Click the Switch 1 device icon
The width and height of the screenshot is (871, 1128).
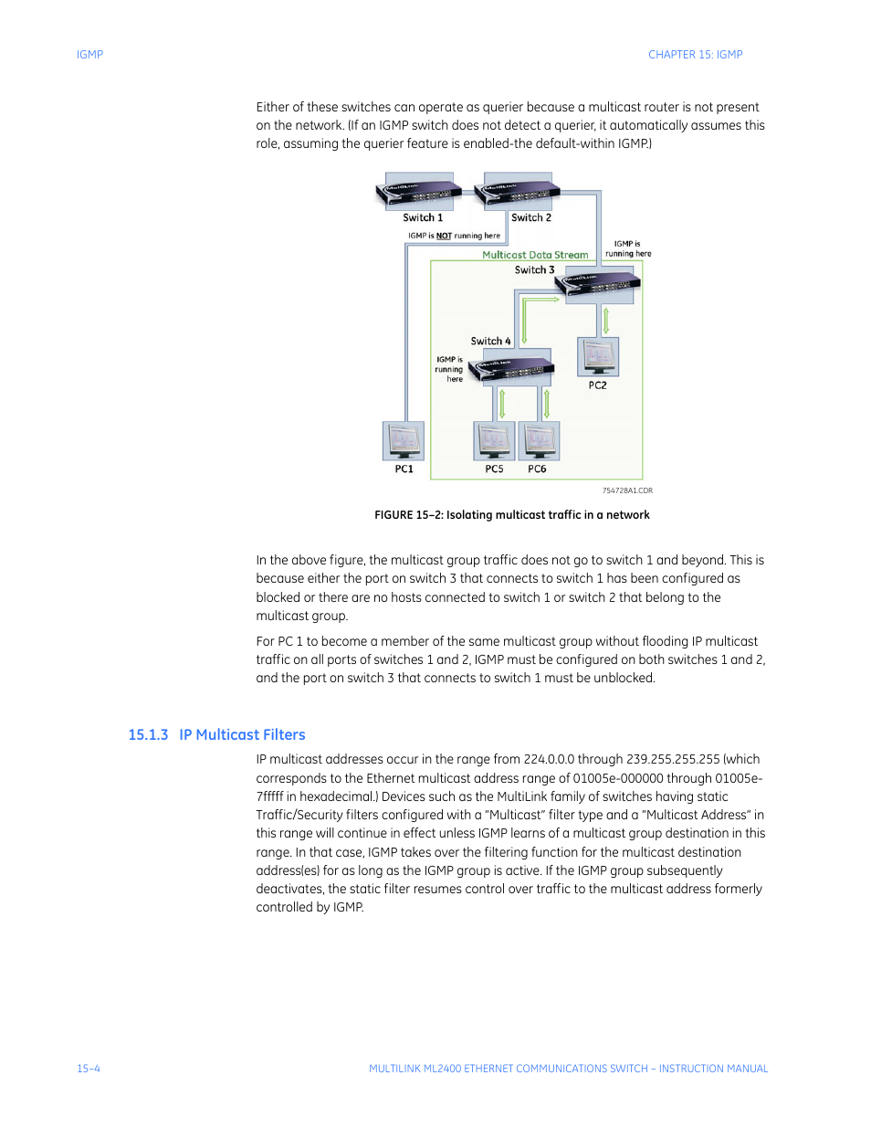419,192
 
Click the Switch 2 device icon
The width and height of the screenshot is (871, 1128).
518,192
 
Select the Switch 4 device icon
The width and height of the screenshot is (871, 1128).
512,367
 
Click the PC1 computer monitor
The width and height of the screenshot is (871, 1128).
404,441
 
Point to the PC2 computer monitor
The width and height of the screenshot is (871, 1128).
598,356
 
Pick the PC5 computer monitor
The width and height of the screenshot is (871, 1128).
494,441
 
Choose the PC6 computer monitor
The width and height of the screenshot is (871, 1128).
539,441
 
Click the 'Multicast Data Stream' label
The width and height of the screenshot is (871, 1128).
535,255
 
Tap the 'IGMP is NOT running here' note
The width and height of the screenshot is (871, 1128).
454,236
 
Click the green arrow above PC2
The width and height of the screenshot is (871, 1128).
605,320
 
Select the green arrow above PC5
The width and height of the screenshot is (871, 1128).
501,403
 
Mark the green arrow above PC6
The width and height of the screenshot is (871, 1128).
546,403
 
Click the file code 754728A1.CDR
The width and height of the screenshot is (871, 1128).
627,490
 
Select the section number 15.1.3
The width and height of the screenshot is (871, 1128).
148,735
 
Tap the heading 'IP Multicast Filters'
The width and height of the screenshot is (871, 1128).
242,735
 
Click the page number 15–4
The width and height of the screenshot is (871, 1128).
89,1069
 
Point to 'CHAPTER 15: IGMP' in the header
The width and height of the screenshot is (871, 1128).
695,55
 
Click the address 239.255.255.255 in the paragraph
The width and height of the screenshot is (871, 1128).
673,759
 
